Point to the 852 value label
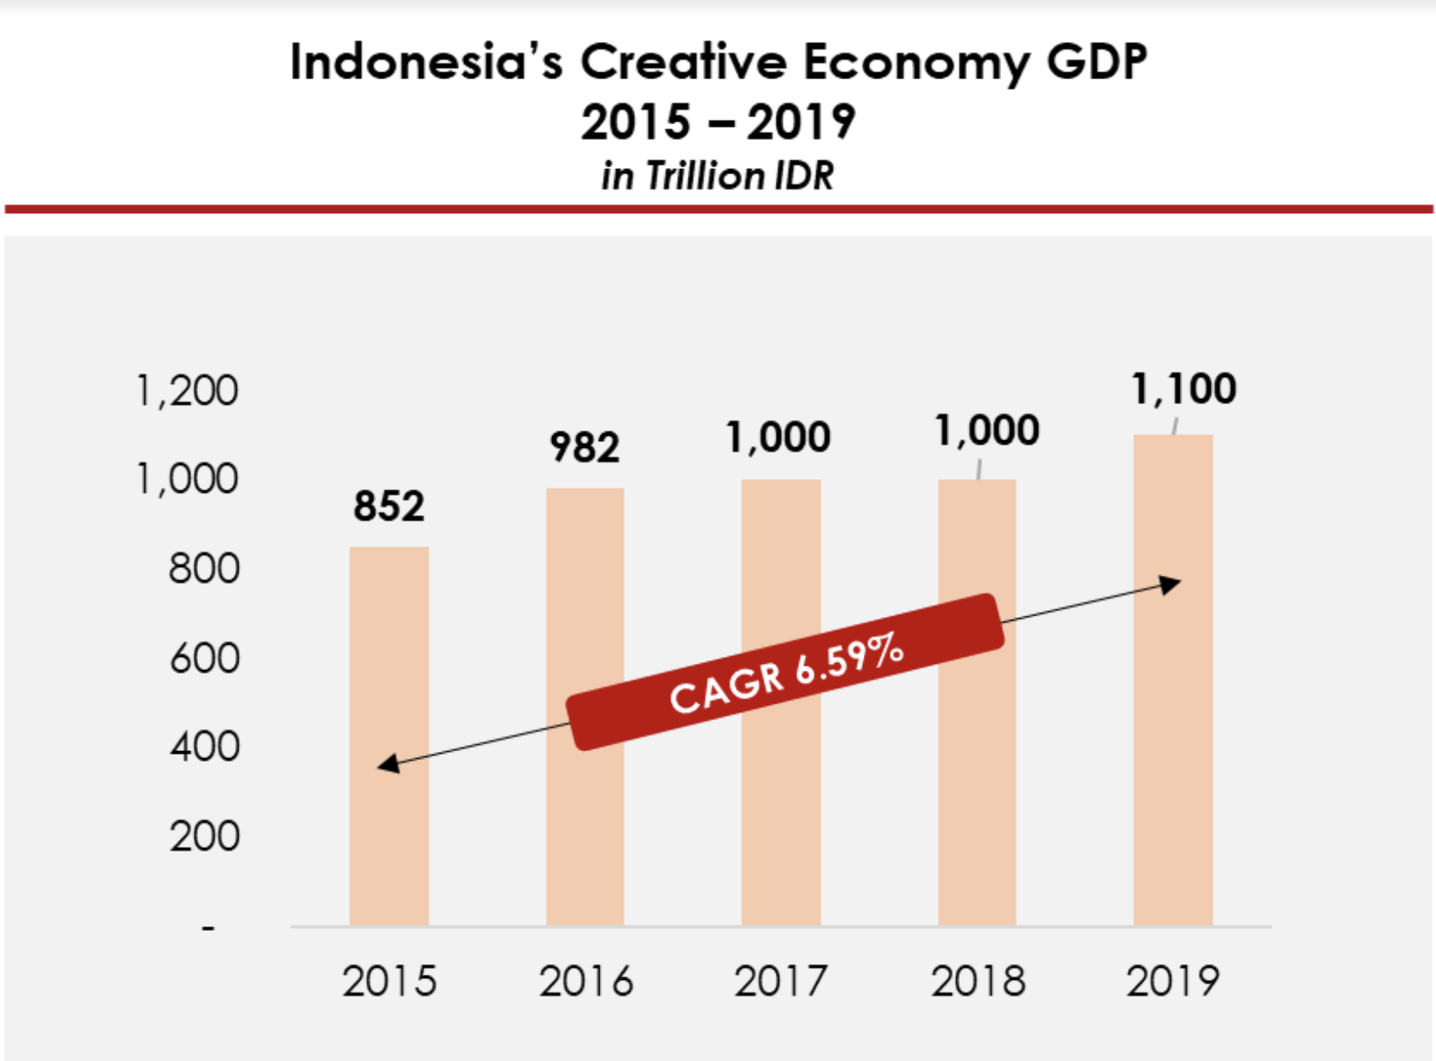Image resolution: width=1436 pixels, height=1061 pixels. tap(389, 506)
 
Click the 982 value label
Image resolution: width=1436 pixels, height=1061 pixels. tap(585, 447)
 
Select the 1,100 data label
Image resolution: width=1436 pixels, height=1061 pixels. tap(1183, 389)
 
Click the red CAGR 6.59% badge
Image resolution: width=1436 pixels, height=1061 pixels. tap(785, 672)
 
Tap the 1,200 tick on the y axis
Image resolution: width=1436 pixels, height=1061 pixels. tap(187, 391)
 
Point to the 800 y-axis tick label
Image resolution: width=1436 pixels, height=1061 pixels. tap(204, 569)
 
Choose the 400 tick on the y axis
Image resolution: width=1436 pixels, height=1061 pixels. tap(204, 747)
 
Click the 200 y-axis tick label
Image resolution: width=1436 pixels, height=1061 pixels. tap(204, 836)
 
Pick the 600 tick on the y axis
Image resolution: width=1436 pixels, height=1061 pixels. tap(204, 658)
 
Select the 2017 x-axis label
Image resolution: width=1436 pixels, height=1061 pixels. tap(781, 981)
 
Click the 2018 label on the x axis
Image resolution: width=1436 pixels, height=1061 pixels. tap(978, 981)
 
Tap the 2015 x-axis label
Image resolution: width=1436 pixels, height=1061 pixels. tap(389, 981)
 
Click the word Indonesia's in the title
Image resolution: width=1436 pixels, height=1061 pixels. tap(426, 63)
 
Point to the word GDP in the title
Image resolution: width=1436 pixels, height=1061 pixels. tap(1097, 63)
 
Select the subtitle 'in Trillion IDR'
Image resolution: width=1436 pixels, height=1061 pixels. tap(718, 175)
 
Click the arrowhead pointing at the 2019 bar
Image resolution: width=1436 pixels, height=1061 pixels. tap(1171, 585)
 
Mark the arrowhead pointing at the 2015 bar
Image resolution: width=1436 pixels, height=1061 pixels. tap(388, 764)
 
